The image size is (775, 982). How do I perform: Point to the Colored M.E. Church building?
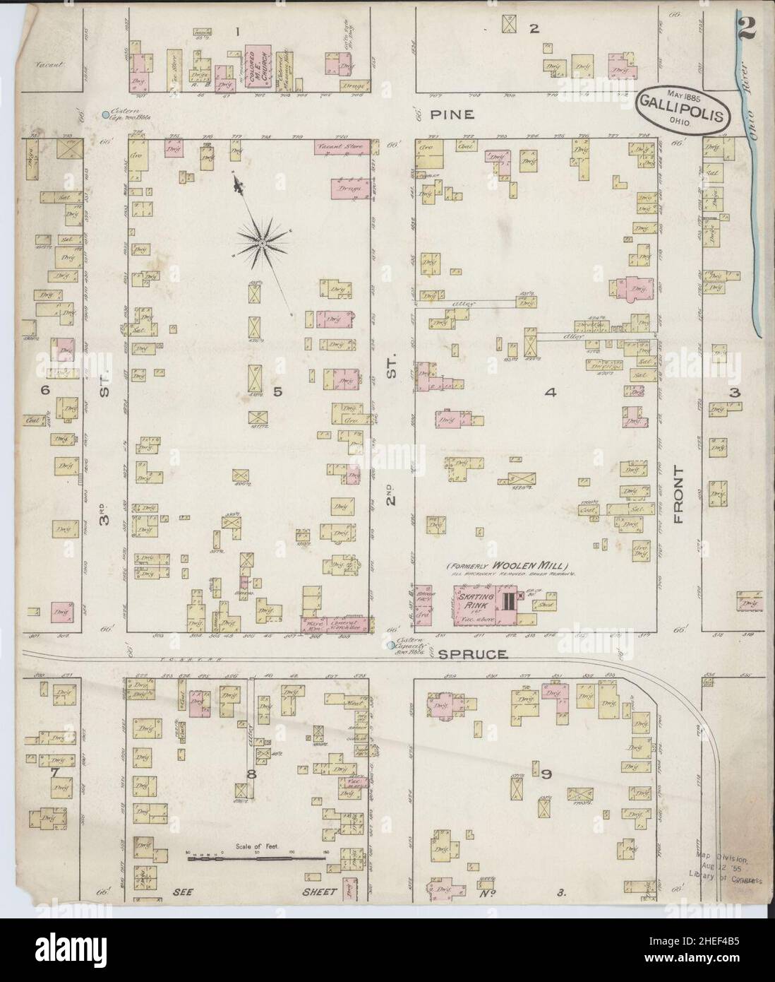pos(259,62)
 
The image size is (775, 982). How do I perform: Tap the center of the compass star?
pos(262,244)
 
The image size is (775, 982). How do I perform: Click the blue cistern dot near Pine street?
pos(104,114)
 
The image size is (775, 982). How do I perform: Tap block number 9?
pos(546,774)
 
